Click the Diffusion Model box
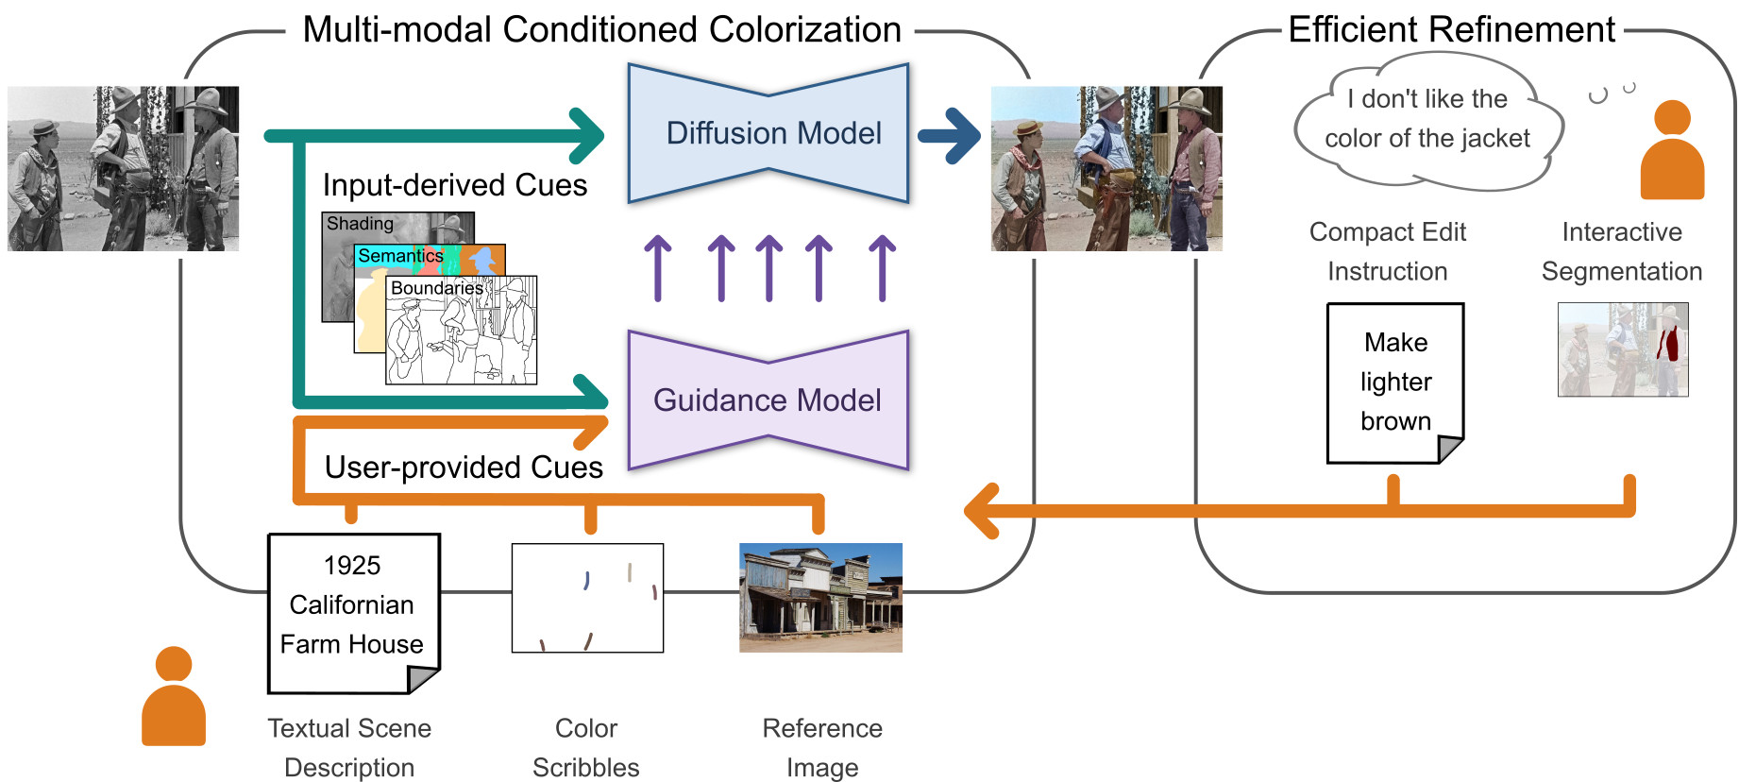pyautogui.click(x=768, y=133)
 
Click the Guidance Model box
pyautogui.click(x=768, y=400)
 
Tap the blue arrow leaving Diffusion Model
pyautogui.click(x=949, y=135)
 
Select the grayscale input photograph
pyautogui.click(x=124, y=169)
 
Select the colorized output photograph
pyautogui.click(x=1106, y=169)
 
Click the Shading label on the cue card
pyautogui.click(x=360, y=224)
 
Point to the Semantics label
pyautogui.click(x=400, y=256)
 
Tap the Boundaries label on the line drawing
pyautogui.click(x=437, y=288)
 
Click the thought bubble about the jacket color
pyautogui.click(x=1428, y=120)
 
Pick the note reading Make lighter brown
pyautogui.click(x=1395, y=382)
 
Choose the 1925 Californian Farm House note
pyautogui.click(x=353, y=613)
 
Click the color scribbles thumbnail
pyautogui.click(x=587, y=598)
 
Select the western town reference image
pyautogui.click(x=820, y=598)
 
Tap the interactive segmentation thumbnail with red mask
pyautogui.click(x=1623, y=349)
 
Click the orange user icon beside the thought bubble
pyautogui.click(x=1672, y=150)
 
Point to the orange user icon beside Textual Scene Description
pyautogui.click(x=174, y=696)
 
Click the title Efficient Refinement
pyautogui.click(x=1452, y=30)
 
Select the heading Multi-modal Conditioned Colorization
pyautogui.click(x=601, y=30)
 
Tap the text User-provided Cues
pyautogui.click(x=464, y=467)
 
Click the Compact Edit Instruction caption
pyautogui.click(x=1388, y=252)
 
